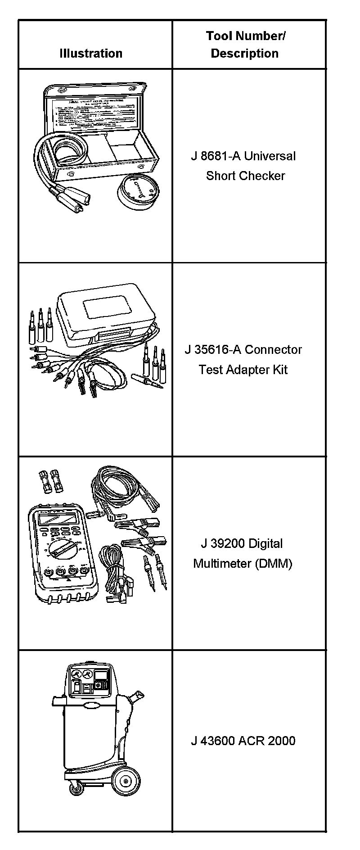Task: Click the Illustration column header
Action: point(91,53)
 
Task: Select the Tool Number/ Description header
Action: point(245,45)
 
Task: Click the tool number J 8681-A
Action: point(216,156)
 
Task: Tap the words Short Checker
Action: point(245,176)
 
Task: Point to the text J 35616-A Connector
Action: point(243,350)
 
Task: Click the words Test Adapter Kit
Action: point(243,370)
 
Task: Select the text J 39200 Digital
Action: point(242,543)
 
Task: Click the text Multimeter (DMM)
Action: point(243,563)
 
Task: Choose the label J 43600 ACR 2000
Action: point(243,741)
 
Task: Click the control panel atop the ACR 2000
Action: point(90,682)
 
